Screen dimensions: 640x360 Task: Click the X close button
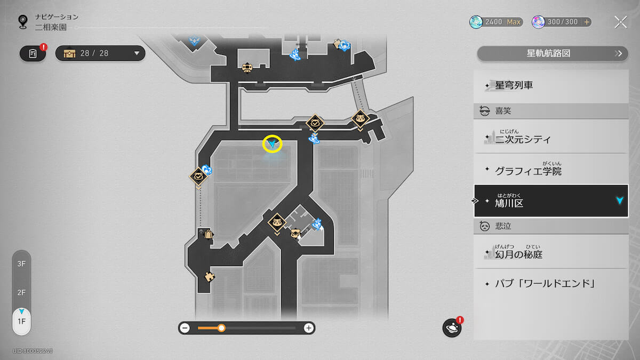click(621, 22)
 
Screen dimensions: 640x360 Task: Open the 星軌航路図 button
click(553, 53)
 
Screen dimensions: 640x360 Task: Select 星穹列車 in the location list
click(551, 85)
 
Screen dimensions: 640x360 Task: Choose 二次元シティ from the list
click(551, 137)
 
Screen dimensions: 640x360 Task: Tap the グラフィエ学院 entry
click(551, 169)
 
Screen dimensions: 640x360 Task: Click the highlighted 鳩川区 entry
click(551, 201)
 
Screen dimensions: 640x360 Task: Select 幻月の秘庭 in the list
click(551, 251)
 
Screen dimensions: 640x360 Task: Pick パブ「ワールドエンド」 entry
click(551, 284)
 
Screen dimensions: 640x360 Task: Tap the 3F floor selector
click(21, 263)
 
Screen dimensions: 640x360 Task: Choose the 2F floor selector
click(21, 293)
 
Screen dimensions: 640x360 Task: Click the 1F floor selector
click(21, 322)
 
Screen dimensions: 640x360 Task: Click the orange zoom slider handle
click(221, 328)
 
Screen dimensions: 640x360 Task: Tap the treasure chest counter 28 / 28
click(100, 53)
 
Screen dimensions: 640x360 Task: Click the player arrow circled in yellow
click(272, 143)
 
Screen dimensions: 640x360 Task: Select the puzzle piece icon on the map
click(210, 277)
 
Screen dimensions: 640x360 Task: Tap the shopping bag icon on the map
click(209, 234)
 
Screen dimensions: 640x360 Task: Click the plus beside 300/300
click(587, 22)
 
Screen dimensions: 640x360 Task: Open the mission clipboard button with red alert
click(33, 53)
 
